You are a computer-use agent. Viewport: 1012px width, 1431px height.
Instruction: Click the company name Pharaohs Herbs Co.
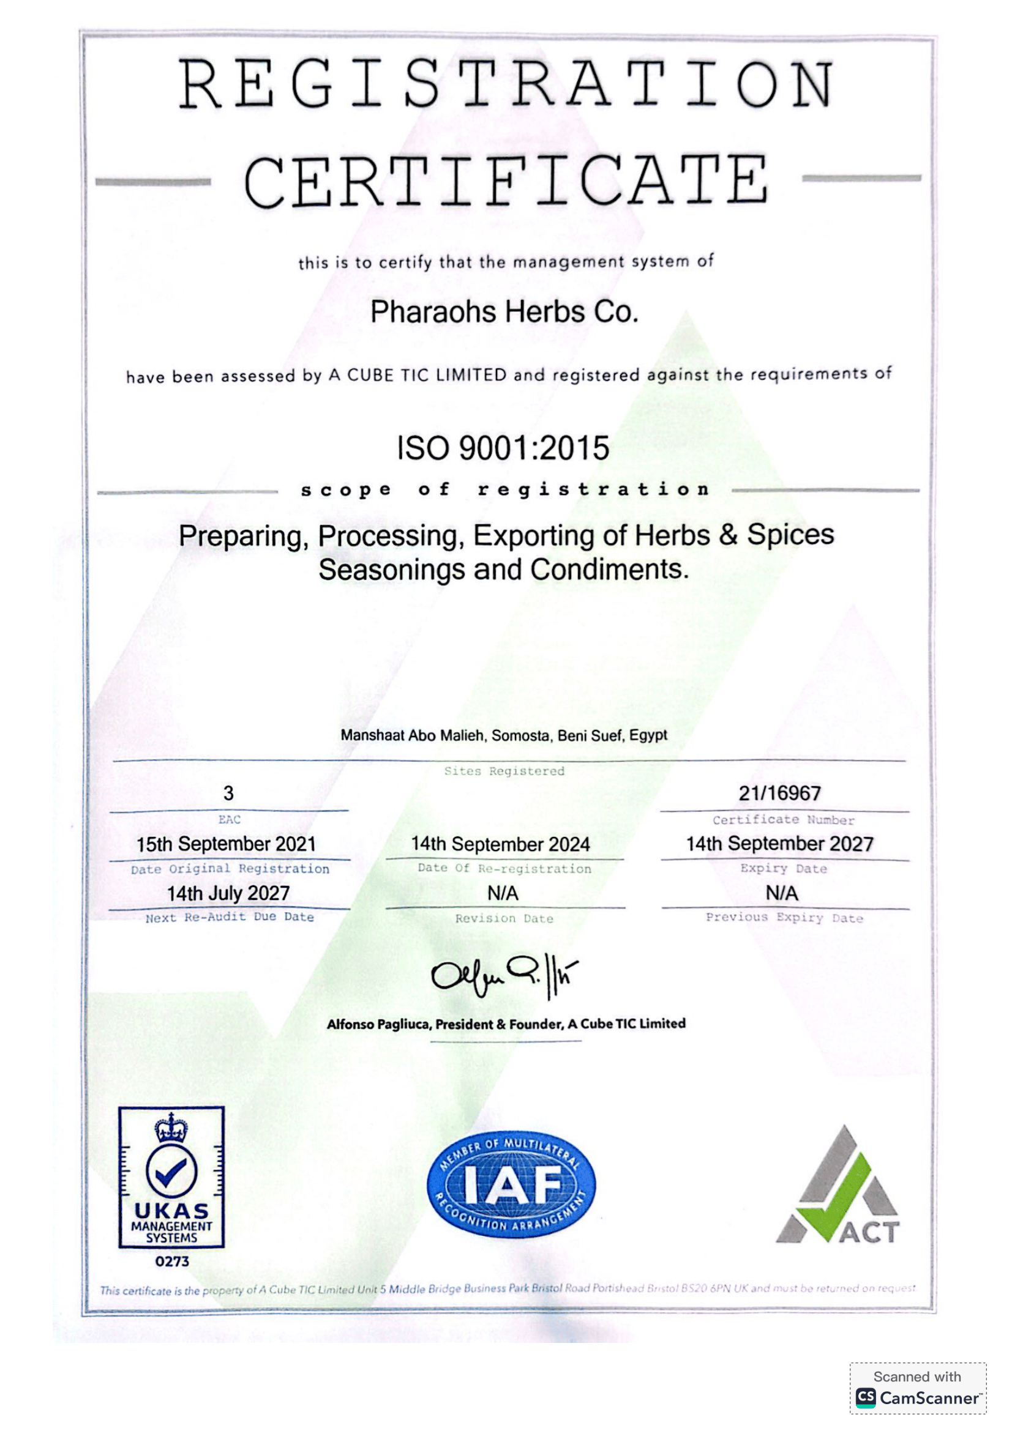pyautogui.click(x=504, y=311)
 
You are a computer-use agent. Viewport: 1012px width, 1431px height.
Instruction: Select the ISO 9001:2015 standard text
pyautogui.click(x=503, y=448)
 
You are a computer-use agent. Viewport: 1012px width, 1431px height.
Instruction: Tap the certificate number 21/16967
pyautogui.click(x=779, y=793)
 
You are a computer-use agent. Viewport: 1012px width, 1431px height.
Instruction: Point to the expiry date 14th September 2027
pyautogui.click(x=779, y=843)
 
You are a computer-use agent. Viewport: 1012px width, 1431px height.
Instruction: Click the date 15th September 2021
pyautogui.click(x=227, y=844)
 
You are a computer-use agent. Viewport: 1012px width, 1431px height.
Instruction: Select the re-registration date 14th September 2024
pyautogui.click(x=500, y=844)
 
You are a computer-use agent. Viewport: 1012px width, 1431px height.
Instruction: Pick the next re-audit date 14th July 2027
pyautogui.click(x=228, y=893)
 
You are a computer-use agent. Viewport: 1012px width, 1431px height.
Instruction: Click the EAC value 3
pyautogui.click(x=228, y=793)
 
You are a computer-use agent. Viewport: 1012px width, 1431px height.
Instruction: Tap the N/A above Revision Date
pyautogui.click(x=503, y=893)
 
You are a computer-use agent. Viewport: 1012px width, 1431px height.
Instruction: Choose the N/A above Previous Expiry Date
pyautogui.click(x=781, y=893)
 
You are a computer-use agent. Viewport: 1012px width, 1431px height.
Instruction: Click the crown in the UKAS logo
pyautogui.click(x=171, y=1129)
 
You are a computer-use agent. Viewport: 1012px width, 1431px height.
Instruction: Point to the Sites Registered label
pyautogui.click(x=504, y=771)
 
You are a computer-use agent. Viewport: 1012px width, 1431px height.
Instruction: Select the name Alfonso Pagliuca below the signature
pyautogui.click(x=378, y=1024)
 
